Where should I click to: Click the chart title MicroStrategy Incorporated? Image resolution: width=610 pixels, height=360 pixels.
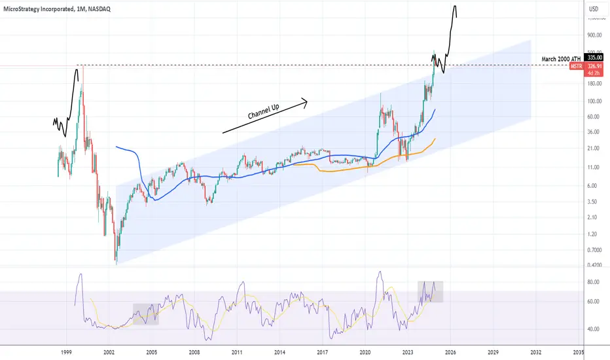coord(59,9)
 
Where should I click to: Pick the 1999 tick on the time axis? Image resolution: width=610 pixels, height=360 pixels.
coord(66,352)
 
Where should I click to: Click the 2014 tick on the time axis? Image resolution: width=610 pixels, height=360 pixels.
coord(280,352)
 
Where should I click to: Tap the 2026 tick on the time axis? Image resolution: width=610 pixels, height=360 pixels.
coord(450,352)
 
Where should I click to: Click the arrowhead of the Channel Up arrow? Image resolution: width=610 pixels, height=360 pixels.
coord(304,100)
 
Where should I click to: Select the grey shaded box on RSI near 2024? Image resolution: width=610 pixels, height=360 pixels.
coord(430,291)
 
